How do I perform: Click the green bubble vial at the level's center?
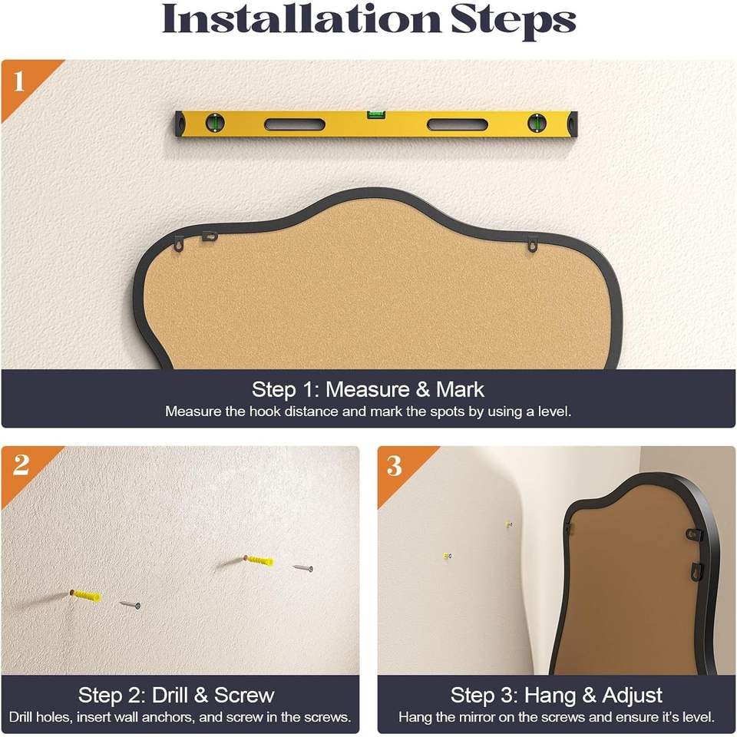(376, 114)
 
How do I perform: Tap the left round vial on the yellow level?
(215, 123)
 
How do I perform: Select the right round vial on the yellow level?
(537, 123)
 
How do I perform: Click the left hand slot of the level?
(295, 124)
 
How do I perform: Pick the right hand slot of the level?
(458, 124)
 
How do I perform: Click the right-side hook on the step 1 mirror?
(532, 244)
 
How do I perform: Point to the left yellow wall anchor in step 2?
(85, 596)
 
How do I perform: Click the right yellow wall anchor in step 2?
(259, 560)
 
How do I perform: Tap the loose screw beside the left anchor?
(129, 605)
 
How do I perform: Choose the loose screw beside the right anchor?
(302, 568)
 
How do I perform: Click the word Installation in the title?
(301, 18)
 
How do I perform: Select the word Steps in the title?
(514, 21)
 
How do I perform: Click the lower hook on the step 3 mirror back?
(696, 571)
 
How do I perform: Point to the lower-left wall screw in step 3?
(447, 557)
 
